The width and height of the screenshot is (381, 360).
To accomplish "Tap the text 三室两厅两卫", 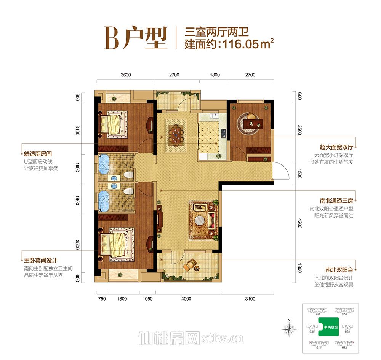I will [x=216, y=31].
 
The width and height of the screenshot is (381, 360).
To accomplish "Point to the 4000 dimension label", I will [x=186, y=299].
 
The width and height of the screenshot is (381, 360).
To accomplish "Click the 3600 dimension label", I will [x=126, y=75].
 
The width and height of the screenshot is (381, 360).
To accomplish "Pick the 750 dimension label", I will [x=101, y=299].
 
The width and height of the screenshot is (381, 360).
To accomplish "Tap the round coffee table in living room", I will [x=200, y=220].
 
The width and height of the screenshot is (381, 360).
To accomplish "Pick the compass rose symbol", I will [x=290, y=327].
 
